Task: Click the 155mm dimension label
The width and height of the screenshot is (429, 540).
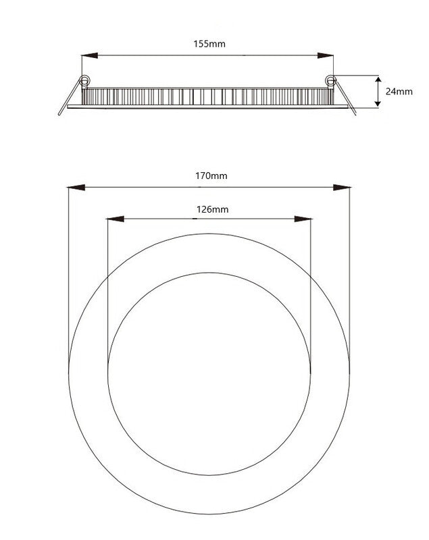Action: pos(209,44)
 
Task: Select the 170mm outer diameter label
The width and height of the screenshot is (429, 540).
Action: pos(211,175)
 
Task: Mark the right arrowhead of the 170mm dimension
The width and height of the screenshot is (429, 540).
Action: pos(341,186)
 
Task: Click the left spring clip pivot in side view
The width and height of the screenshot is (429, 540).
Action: pos(84,81)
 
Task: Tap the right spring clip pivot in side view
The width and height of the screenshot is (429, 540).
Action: pos(330,81)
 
